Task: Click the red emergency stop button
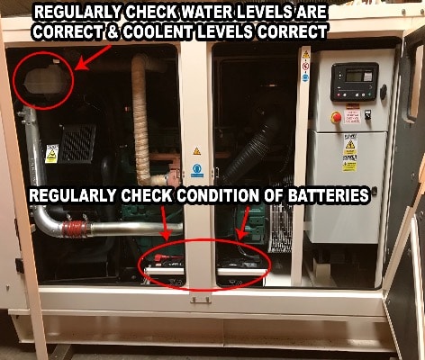tap(337, 117)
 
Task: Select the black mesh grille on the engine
tap(77, 144)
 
